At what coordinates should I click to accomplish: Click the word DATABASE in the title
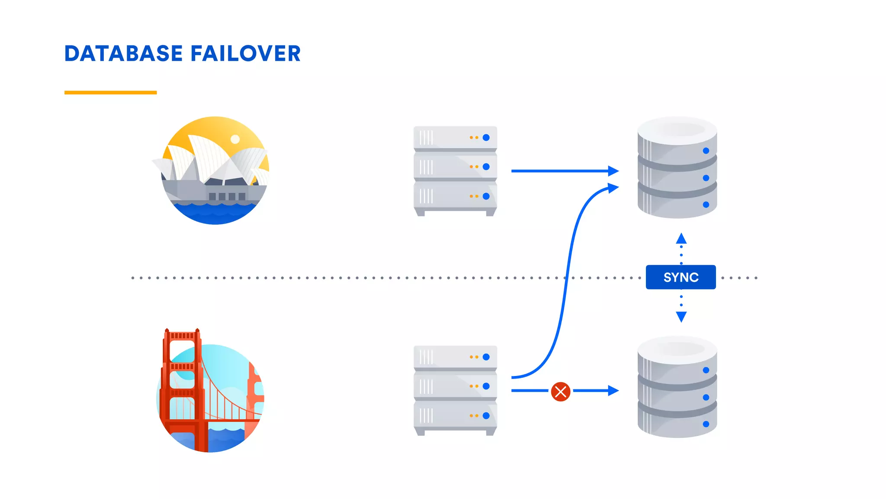point(123,54)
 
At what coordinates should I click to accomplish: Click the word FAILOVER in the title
point(245,54)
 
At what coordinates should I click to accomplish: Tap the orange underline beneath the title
point(110,92)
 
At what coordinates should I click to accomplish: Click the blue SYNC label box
point(681,277)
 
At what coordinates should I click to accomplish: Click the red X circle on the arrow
point(560,392)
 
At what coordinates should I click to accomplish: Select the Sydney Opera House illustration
point(215,170)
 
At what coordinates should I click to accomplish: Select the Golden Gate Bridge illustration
point(210,392)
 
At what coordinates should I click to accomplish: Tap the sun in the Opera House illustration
point(235,139)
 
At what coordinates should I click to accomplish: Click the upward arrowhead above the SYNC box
point(681,238)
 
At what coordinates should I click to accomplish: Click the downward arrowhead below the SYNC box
point(681,317)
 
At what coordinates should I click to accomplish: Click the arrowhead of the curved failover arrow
point(613,188)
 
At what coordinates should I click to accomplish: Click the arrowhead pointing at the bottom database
point(613,391)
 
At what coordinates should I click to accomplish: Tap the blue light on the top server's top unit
point(486,137)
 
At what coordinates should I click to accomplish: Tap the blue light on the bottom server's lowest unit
point(486,415)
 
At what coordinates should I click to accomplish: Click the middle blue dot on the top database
point(706,178)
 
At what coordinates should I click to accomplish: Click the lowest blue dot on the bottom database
point(706,424)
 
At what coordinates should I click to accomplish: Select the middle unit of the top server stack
point(455,167)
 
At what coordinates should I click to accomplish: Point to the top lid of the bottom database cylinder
point(677,349)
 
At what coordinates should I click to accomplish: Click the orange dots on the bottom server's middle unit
point(474,386)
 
